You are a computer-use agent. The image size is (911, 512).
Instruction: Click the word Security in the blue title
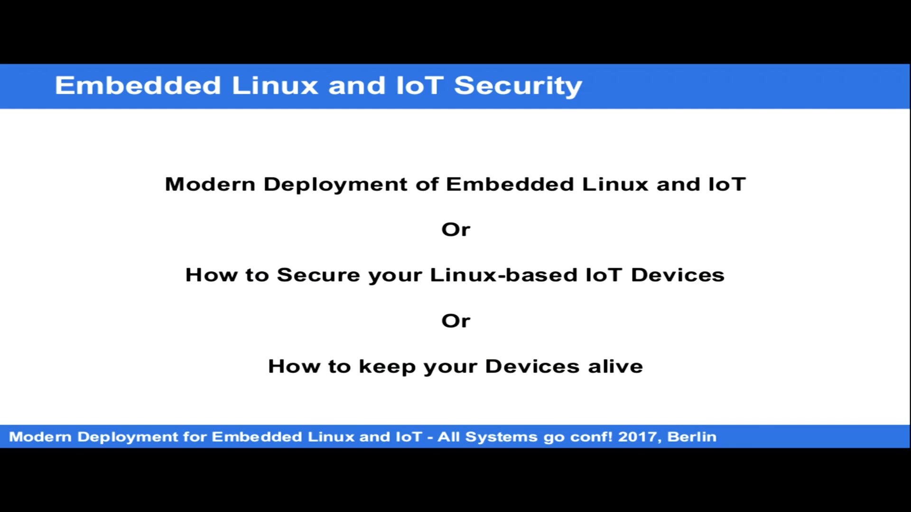pyautogui.click(x=518, y=86)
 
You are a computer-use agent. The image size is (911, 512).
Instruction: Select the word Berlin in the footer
pyautogui.click(x=692, y=437)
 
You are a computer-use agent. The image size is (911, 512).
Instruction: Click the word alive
pyautogui.click(x=615, y=366)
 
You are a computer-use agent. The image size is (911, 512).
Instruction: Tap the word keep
pyautogui.click(x=387, y=367)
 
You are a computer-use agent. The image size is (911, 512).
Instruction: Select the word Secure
pyautogui.click(x=318, y=275)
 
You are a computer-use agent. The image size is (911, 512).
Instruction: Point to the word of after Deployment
pyautogui.click(x=427, y=184)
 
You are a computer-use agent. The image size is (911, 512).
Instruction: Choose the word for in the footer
pyautogui.click(x=195, y=437)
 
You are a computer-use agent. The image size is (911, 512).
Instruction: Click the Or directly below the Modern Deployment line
pyautogui.click(x=455, y=230)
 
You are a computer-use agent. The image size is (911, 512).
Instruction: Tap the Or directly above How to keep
pyautogui.click(x=455, y=321)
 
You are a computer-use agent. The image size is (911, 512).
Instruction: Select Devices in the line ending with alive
pyautogui.click(x=532, y=366)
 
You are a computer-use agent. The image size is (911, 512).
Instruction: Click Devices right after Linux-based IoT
pyautogui.click(x=678, y=275)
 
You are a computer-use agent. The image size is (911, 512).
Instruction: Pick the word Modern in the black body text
pyautogui.click(x=210, y=184)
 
